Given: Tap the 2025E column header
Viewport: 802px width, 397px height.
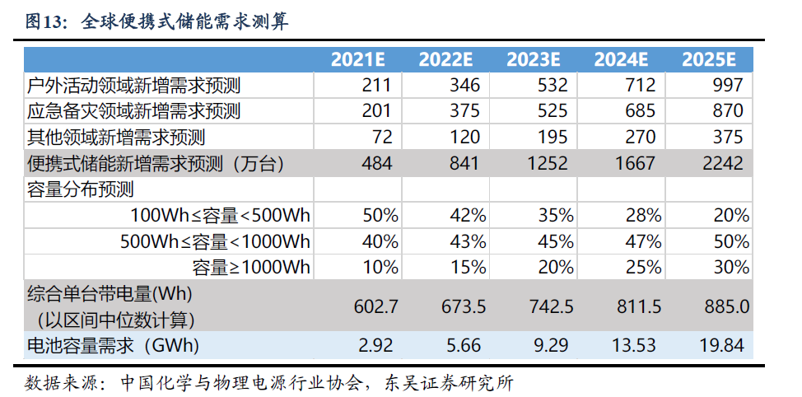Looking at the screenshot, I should point(709,59).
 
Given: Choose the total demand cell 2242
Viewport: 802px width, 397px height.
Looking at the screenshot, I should point(724,163).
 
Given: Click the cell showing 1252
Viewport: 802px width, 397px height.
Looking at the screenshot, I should point(548,163).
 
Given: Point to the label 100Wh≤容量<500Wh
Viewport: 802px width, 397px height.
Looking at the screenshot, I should point(221,216).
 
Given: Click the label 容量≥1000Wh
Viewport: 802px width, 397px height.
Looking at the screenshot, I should point(251,268).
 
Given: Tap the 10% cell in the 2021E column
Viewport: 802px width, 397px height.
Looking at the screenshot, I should point(380,268).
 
